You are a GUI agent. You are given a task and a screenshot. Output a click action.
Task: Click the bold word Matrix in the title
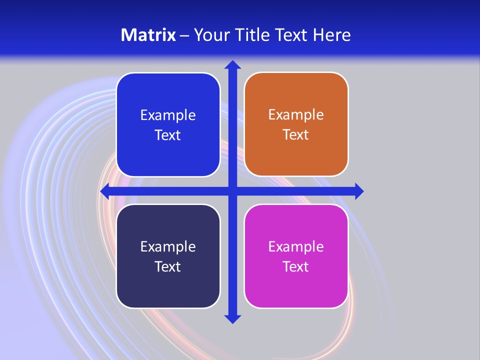pyautogui.click(x=148, y=35)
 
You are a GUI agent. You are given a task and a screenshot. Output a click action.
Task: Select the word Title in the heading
pyautogui.click(x=252, y=35)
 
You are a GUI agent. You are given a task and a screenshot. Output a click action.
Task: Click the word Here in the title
pyautogui.click(x=332, y=35)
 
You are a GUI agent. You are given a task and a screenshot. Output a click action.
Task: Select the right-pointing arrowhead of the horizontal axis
pyautogui.click(x=358, y=191)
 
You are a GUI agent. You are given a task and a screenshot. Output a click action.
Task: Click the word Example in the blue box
pyautogui.click(x=168, y=115)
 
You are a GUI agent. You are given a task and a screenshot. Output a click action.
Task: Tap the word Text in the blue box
pyautogui.click(x=168, y=135)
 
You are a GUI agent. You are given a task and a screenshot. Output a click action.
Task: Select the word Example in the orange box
pyautogui.click(x=296, y=115)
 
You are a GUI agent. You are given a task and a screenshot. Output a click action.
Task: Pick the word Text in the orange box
pyautogui.click(x=296, y=135)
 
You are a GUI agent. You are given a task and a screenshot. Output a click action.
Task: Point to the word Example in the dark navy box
pyautogui.click(x=168, y=246)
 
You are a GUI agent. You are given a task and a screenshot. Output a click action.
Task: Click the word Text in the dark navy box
pyautogui.click(x=168, y=266)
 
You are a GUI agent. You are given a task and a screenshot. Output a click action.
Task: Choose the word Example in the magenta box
pyautogui.click(x=296, y=246)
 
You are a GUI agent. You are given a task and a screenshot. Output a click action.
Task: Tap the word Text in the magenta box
pyautogui.click(x=296, y=266)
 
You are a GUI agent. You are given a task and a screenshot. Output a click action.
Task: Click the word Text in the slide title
pyautogui.click(x=293, y=35)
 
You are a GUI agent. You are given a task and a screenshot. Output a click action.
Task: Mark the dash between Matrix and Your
pyautogui.click(x=184, y=35)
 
